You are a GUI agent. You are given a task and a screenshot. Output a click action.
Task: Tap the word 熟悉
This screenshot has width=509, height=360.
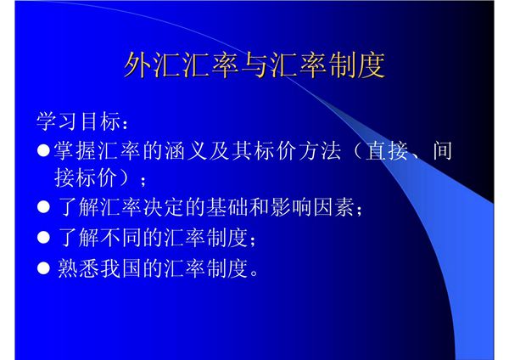pos(76,269)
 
